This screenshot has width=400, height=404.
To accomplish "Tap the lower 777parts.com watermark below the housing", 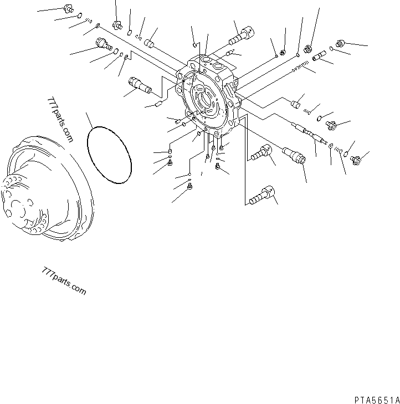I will (x=64, y=281).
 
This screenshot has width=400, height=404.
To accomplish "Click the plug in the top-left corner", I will (x=68, y=8).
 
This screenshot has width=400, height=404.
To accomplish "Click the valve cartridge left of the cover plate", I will (x=140, y=85).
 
